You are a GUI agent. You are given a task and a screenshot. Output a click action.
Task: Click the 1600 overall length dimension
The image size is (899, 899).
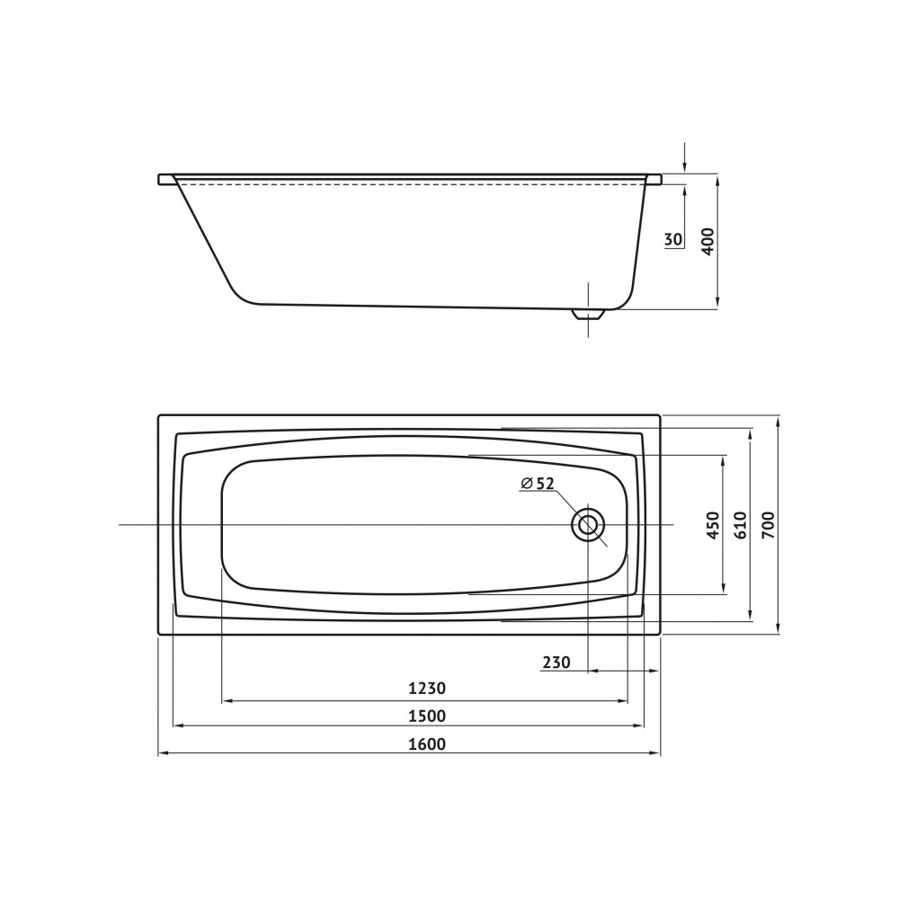click(427, 743)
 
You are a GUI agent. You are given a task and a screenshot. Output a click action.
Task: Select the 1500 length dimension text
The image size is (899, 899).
click(427, 717)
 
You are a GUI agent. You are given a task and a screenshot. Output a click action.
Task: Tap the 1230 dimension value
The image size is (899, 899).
click(427, 688)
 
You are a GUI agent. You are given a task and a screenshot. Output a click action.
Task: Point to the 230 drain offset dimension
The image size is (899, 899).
click(556, 663)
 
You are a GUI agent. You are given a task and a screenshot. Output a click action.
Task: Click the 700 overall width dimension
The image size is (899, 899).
click(768, 524)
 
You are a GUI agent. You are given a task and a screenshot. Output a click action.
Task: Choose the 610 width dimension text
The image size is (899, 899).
click(740, 524)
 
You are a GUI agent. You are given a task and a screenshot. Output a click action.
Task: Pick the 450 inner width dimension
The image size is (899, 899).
click(713, 525)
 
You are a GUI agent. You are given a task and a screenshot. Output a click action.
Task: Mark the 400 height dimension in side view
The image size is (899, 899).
click(708, 241)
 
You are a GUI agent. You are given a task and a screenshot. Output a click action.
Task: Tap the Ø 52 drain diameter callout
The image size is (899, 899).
click(538, 484)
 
